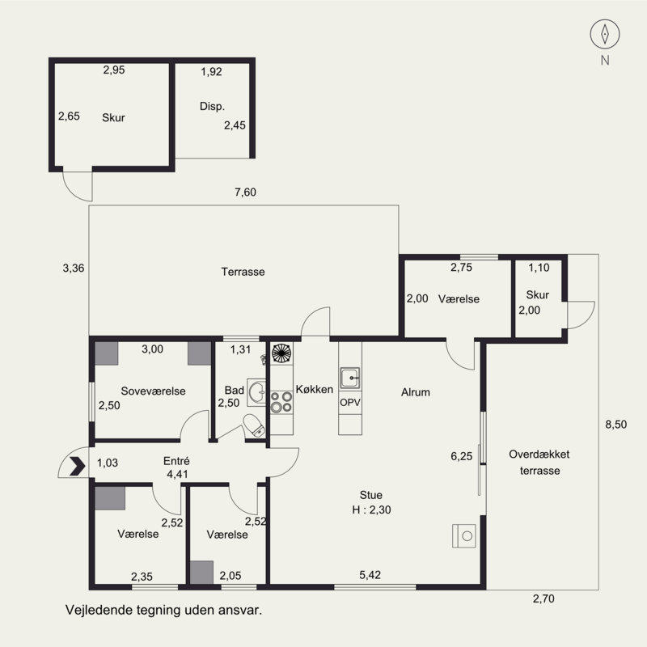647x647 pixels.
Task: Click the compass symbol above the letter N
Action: point(605,34)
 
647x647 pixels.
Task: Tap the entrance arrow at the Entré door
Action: point(78,467)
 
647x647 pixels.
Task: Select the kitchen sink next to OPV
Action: point(350,378)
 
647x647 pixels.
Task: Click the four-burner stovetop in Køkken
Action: point(281,402)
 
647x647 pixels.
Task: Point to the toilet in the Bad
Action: point(254,426)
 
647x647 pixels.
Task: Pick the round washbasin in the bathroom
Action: point(256,392)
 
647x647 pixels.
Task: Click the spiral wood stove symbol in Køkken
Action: point(281,353)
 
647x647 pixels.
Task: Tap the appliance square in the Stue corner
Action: point(464,536)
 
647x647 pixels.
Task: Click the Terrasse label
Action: point(243,272)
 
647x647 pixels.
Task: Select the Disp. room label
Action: point(212,107)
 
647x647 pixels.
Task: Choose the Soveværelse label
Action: point(153,391)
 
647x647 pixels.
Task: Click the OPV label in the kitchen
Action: point(350,402)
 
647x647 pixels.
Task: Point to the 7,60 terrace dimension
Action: point(246,192)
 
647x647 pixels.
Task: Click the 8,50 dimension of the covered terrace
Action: point(616,425)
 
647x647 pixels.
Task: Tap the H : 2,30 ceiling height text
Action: point(371,510)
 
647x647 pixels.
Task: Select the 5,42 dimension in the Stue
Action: point(370,575)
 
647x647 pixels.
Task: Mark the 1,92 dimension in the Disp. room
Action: point(211,72)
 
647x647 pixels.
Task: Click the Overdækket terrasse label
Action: point(539,463)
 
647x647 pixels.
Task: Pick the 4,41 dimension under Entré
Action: point(177,475)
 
